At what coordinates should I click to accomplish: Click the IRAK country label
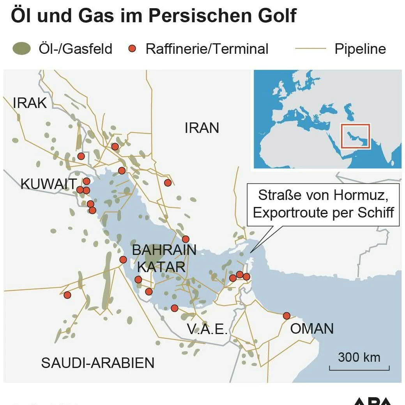[x=30, y=103]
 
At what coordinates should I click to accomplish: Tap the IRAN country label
[x=202, y=128]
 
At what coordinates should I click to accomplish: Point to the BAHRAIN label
[x=164, y=250]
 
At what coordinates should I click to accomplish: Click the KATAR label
[x=161, y=267]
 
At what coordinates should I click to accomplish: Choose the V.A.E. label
[x=207, y=329]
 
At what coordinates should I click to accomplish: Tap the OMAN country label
[x=312, y=329]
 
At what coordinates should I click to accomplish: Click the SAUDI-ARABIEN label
[x=98, y=363]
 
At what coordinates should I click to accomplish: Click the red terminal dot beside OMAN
[x=287, y=316]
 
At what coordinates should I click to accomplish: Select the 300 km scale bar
[x=359, y=367]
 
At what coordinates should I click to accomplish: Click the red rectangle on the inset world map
[x=355, y=136]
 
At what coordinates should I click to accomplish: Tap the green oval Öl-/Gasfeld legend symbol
[x=21, y=49]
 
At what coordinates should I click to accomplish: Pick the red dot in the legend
[x=132, y=49]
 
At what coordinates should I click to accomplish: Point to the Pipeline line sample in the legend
[x=310, y=49]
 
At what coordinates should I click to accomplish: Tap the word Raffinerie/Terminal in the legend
[x=207, y=49]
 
